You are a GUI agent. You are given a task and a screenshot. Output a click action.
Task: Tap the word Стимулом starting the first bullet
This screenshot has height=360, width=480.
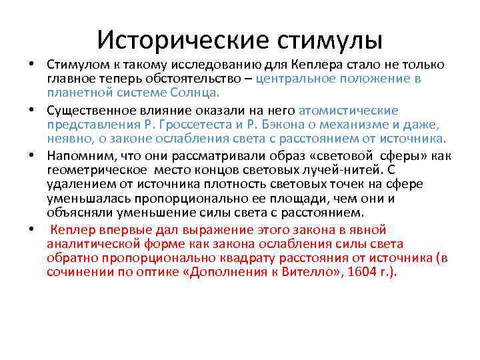pos(73,65)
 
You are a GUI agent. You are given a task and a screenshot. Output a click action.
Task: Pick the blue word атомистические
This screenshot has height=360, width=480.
pos(349,110)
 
